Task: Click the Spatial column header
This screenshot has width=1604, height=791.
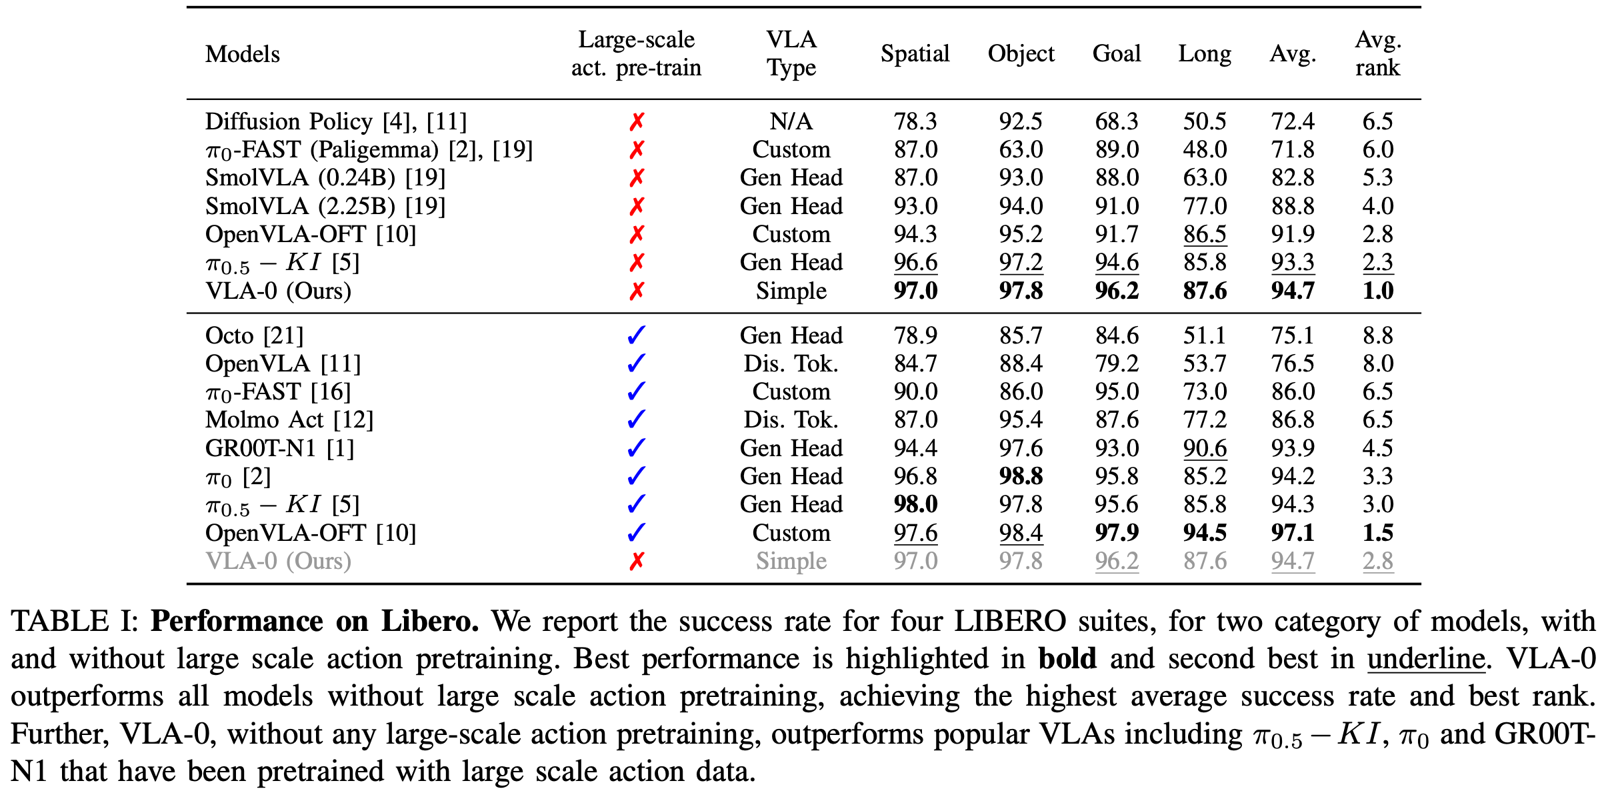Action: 915,53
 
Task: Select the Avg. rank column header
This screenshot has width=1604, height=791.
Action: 1378,53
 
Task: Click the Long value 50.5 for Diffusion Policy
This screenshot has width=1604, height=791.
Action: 1205,121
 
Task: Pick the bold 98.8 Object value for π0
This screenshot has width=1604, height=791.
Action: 1021,476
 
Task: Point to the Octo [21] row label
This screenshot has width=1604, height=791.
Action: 254,335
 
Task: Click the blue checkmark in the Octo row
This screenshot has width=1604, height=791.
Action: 637,335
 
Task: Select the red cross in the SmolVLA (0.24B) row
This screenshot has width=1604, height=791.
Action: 637,177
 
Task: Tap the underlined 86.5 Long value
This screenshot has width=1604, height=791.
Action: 1205,234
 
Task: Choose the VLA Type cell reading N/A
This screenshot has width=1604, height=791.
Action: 791,121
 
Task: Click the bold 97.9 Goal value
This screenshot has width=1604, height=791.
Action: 1117,533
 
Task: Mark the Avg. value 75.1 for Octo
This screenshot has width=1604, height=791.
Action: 1293,335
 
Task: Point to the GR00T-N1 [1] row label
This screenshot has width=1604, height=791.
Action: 279,448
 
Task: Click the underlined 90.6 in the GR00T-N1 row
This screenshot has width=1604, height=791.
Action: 1205,448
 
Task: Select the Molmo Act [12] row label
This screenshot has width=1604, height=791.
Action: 289,420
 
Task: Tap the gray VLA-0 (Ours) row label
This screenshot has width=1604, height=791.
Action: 278,561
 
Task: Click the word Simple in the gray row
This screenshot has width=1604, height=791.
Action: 791,562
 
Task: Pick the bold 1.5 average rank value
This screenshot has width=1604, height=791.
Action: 1378,533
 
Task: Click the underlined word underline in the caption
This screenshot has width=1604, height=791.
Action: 1426,658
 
